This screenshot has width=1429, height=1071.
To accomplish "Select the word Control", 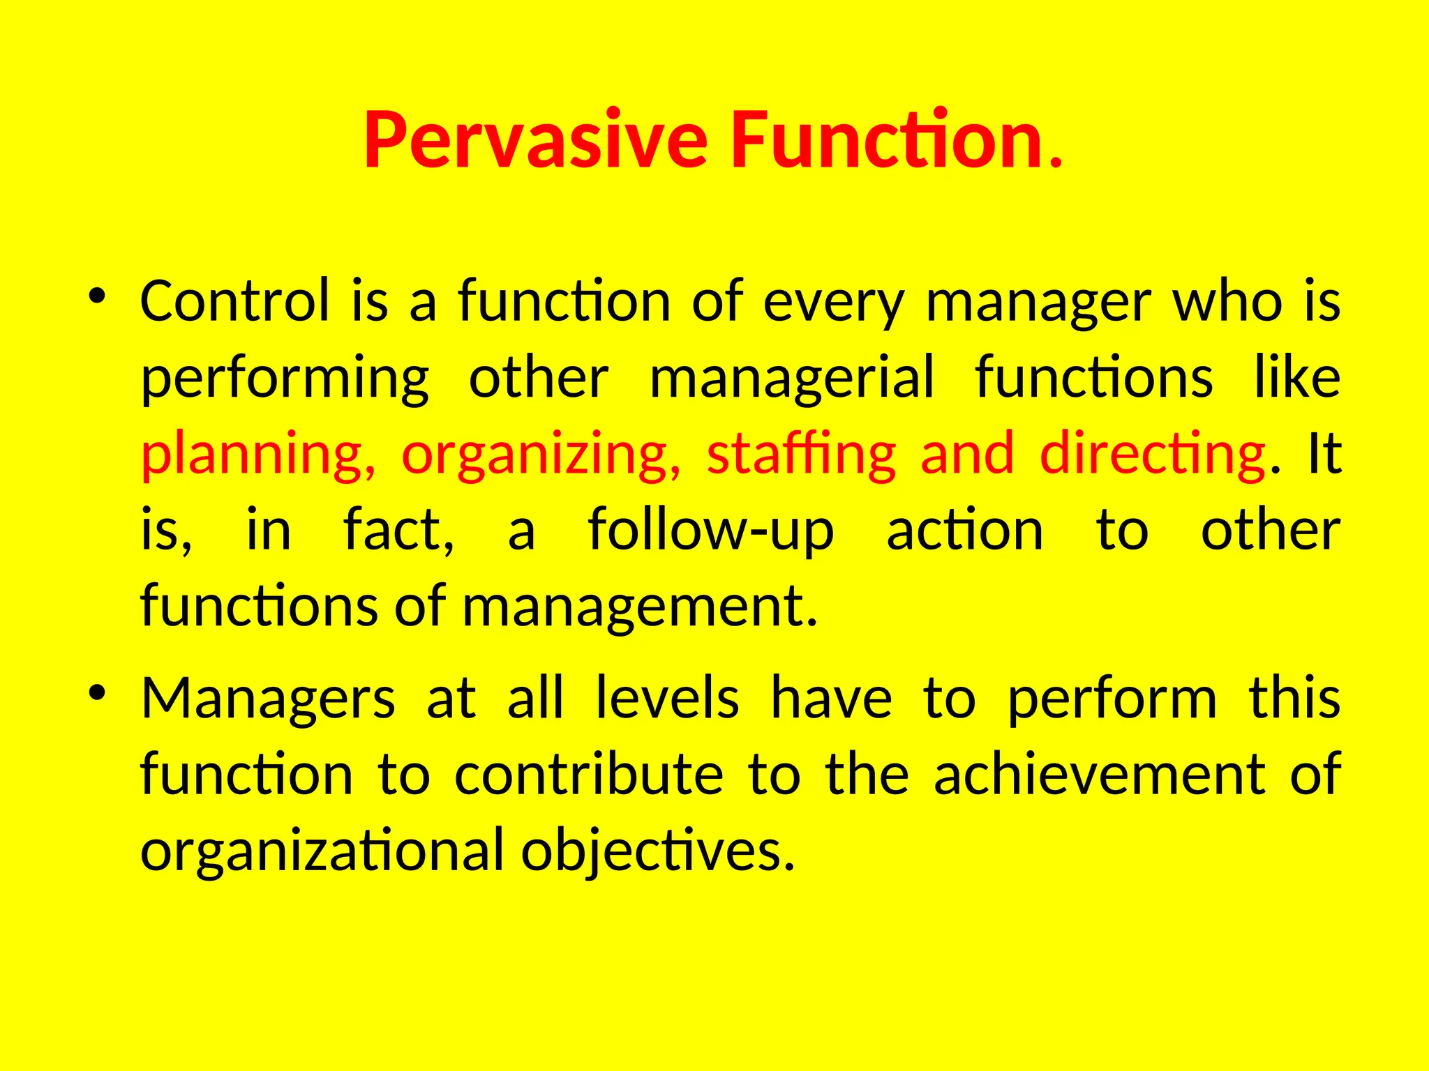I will coord(234,301).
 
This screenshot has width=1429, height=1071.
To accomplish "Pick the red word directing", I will coord(1152,455).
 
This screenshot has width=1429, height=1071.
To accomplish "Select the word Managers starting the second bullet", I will coord(268,700).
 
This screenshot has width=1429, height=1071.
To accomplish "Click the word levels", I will coord(667,699).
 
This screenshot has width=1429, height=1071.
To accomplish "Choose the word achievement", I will coord(1100,775).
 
